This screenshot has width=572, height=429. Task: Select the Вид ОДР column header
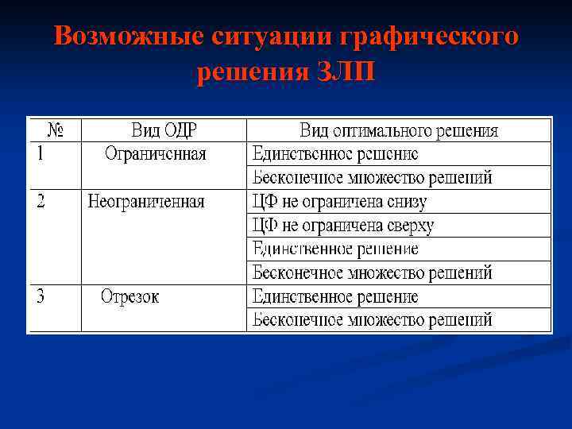[164, 130]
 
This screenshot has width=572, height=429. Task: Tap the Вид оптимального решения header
[398, 130]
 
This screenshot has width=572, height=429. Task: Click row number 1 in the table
[41, 153]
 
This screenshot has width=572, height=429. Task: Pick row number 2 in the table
[41, 201]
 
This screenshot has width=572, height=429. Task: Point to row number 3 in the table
[41, 296]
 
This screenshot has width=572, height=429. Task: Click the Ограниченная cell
[155, 153]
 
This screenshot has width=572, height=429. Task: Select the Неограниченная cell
[146, 201]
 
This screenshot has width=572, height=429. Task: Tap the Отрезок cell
[129, 296]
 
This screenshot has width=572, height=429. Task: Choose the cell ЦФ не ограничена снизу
[339, 201]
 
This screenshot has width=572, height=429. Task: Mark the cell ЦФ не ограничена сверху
[343, 225]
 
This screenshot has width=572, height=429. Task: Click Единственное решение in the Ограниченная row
[335, 153]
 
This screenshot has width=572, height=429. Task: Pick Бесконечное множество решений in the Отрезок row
[372, 320]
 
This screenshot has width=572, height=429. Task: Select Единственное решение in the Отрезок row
[335, 296]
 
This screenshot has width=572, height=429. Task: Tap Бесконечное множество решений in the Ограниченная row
[372, 177]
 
